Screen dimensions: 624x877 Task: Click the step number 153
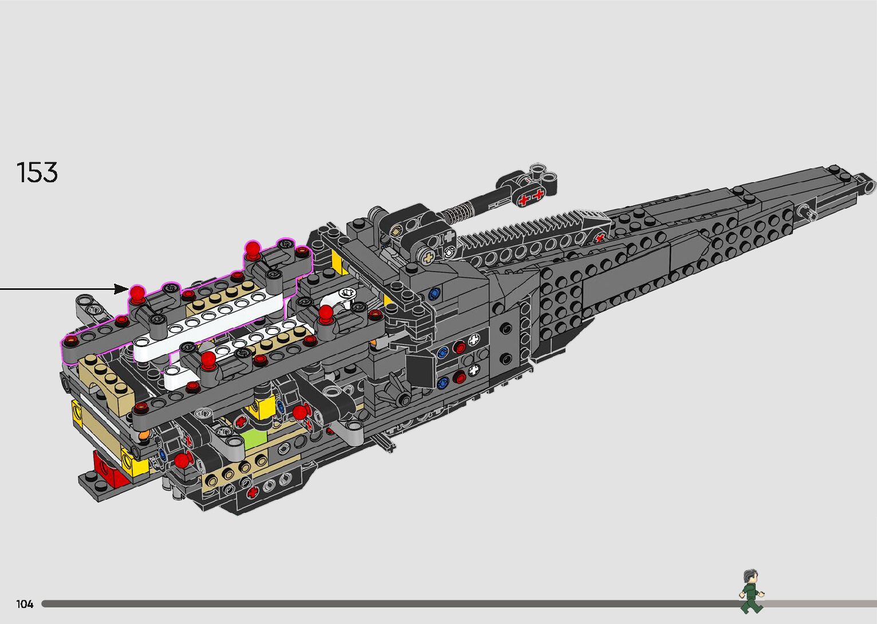(x=37, y=172)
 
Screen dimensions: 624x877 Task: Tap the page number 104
(x=25, y=604)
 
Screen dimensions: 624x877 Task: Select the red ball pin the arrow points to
(x=137, y=294)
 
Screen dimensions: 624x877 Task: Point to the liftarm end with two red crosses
(x=530, y=197)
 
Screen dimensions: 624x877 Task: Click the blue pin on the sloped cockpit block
(x=434, y=294)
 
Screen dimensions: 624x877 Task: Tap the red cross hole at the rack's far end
(x=600, y=237)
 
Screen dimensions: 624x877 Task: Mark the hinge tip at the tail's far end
(x=870, y=184)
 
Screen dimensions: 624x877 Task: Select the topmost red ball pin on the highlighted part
(x=253, y=248)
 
